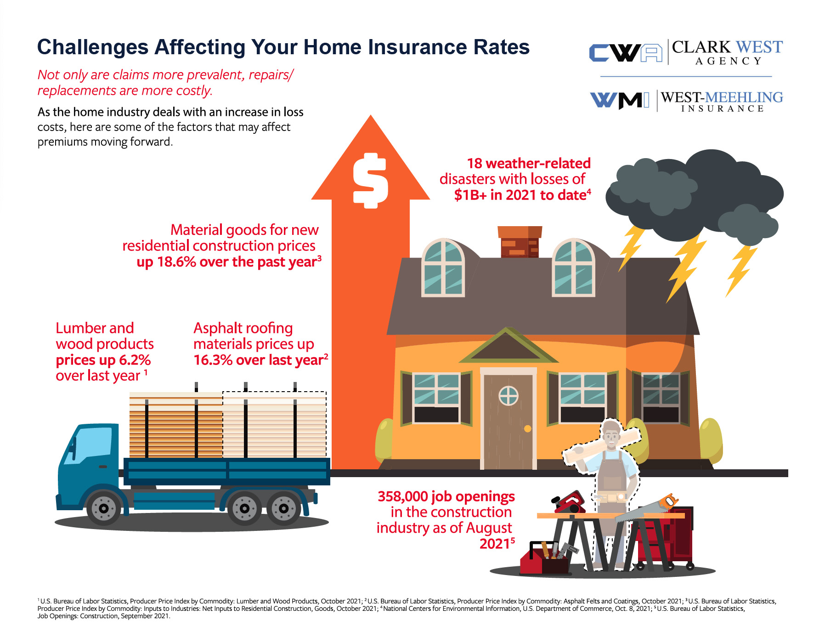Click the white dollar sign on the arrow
pyautogui.click(x=370, y=181)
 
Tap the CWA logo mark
pyautogui.click(x=626, y=53)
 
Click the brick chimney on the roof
pyautogui.click(x=520, y=241)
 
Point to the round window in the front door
pyautogui.click(x=509, y=395)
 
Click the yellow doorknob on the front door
pyautogui.click(x=527, y=429)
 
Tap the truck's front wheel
pyautogui.click(x=104, y=508)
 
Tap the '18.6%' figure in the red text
pyautogui.click(x=177, y=262)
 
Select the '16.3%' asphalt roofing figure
pyautogui.click(x=213, y=360)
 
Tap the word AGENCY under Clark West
pyautogui.click(x=729, y=61)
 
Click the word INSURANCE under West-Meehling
pyautogui.click(x=722, y=109)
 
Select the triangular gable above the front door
pyautogui.click(x=508, y=346)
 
